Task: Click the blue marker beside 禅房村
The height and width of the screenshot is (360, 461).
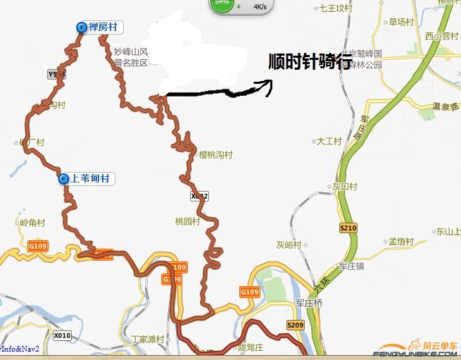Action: coord(82,27)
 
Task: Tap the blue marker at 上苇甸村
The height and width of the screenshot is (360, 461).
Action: coord(65,179)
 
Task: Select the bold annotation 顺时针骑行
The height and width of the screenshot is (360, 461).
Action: coord(310,62)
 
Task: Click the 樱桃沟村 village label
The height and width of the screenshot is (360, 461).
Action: coord(215,154)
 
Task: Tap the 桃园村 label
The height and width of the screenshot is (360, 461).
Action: coord(187,221)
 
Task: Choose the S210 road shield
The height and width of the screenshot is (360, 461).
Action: coord(348,228)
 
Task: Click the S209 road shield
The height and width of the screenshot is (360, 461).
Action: coord(295,325)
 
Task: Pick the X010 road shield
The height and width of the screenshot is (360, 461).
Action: coord(63,335)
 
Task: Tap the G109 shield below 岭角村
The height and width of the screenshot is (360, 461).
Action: coord(37,247)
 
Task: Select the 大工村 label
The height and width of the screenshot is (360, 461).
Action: coord(329,142)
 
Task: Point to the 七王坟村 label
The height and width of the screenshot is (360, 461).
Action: coord(335,8)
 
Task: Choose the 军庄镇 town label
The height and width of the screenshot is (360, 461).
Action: coord(351,266)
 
